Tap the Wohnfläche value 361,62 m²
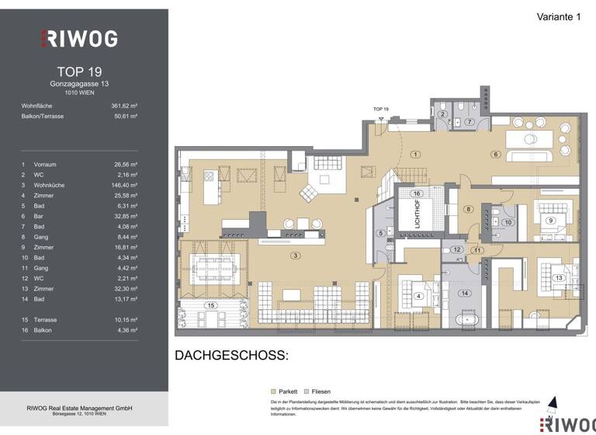pos(125,105)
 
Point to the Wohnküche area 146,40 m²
pos(125,186)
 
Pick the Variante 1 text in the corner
pos(558,17)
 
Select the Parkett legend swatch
pos(272,391)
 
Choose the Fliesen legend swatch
pos(307,391)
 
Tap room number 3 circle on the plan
pos(294,255)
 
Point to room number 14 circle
pos(465,293)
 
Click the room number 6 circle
pos(494,155)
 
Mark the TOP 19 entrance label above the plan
pos(380,110)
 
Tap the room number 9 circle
pos(550,221)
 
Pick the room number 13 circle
pos(557,278)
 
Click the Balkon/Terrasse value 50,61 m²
pos(125,116)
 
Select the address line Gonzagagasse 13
pos(84,82)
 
